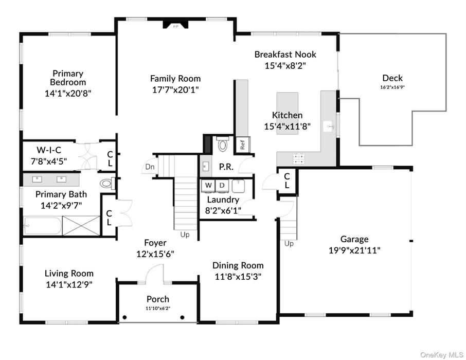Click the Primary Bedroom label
68,78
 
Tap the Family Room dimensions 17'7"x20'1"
175,89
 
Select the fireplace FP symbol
175,25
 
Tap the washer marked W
208,185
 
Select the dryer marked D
222,185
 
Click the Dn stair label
149,167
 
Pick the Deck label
392,78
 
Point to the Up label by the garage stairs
289,243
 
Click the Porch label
157,299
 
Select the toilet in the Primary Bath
106,183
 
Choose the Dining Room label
238,265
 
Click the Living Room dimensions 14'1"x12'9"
68,284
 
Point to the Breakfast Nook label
285,55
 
